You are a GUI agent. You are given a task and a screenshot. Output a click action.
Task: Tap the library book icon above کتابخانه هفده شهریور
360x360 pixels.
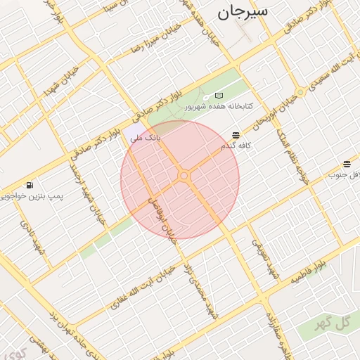click(x=219, y=96)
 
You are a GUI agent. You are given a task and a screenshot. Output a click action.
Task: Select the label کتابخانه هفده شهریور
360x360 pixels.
click(x=219, y=107)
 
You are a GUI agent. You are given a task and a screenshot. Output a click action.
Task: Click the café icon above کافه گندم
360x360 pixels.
click(x=235, y=134)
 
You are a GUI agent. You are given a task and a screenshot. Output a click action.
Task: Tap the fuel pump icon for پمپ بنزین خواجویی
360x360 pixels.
click(x=29, y=186)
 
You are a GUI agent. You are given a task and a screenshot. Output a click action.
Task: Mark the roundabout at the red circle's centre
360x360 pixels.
click(x=184, y=175)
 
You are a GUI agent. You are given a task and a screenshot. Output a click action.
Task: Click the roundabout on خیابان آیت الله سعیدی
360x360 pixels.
click(x=301, y=92)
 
